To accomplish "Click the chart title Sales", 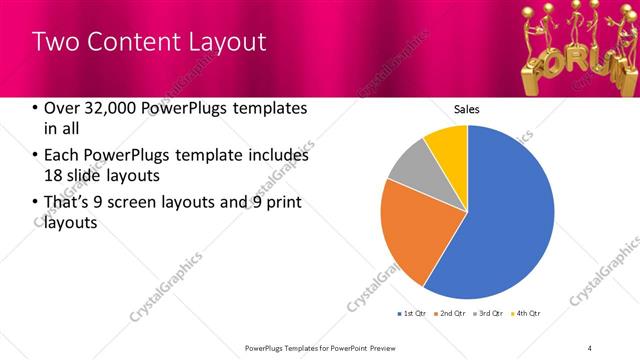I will [x=467, y=108].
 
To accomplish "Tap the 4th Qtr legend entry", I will [x=528, y=314].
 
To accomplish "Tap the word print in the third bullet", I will [x=283, y=203].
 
